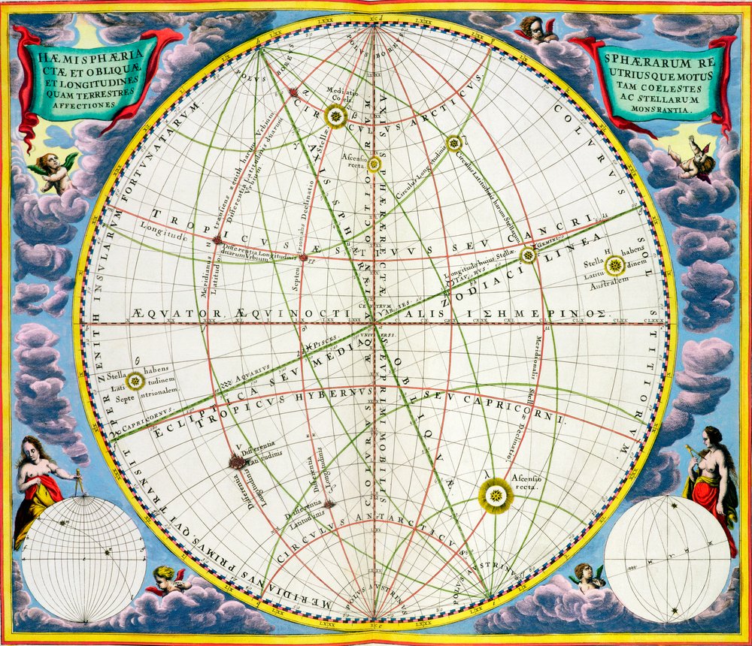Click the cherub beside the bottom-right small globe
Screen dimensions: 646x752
tap(587, 577)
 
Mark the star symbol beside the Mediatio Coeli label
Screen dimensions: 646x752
tap(335, 116)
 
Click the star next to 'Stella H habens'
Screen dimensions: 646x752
tap(615, 264)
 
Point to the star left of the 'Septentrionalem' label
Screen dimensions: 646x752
tap(135, 381)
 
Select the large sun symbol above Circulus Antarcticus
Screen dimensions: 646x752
tap(496, 496)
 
